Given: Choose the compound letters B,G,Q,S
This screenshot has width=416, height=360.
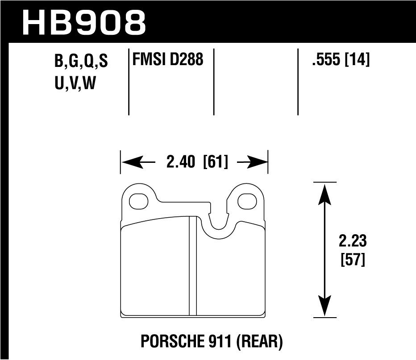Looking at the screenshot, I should pyautogui.click(x=81, y=62).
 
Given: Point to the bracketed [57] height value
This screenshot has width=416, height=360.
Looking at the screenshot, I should pyautogui.click(x=353, y=260).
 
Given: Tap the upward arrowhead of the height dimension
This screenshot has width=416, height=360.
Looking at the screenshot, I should pyautogui.click(x=324, y=190).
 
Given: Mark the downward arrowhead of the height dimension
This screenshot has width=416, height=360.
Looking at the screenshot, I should pyautogui.click(x=324, y=310).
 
